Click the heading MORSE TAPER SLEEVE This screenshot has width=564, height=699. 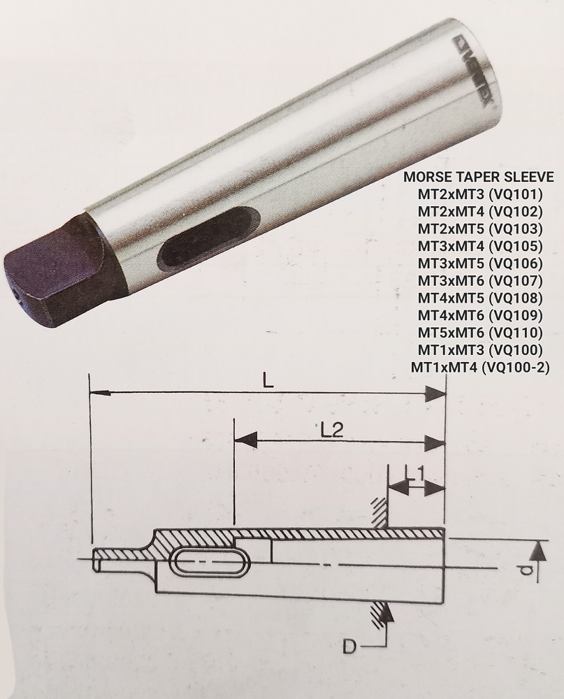pos(479,177)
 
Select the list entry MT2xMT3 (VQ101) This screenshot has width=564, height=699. pos(480,194)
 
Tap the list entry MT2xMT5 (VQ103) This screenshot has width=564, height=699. pos(480,229)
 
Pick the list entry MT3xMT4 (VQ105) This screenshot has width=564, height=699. pos(480,246)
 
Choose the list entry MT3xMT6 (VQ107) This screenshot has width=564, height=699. pos(480,281)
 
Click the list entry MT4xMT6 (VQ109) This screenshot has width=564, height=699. pos(480,316)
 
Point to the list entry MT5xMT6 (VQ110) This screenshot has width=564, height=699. pos(480,333)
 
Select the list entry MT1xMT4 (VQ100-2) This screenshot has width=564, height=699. pos(480,368)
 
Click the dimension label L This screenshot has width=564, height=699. pos(268,380)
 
